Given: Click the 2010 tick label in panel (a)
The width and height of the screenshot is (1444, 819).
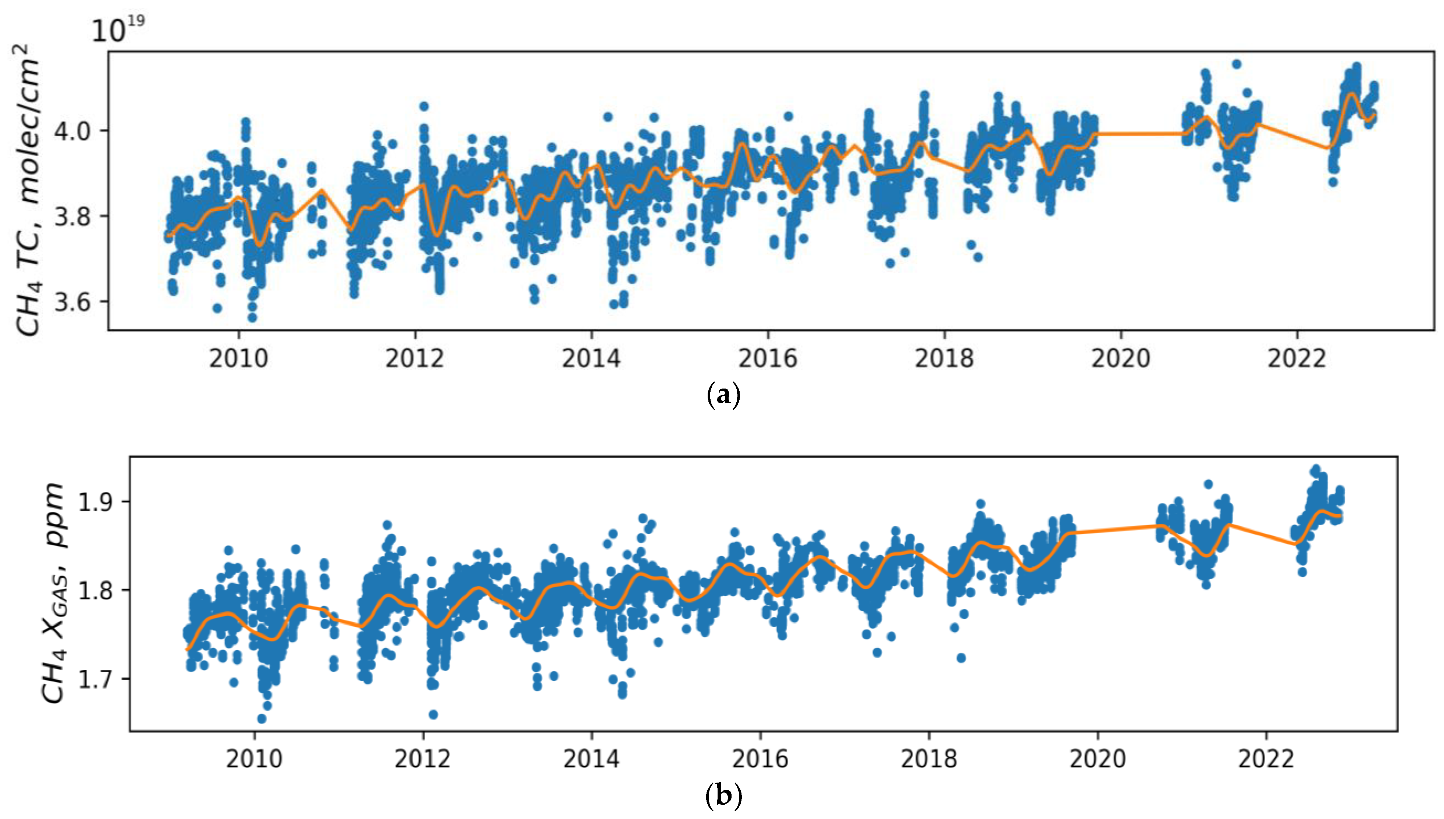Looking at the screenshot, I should tap(239, 358).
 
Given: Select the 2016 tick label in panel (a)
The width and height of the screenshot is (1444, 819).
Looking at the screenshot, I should tap(768, 358).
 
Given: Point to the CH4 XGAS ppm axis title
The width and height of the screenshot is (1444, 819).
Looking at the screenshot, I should tap(54, 593).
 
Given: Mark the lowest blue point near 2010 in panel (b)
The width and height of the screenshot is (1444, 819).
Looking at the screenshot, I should tap(262, 718).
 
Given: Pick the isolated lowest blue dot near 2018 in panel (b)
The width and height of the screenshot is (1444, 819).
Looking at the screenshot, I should tap(961, 658).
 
